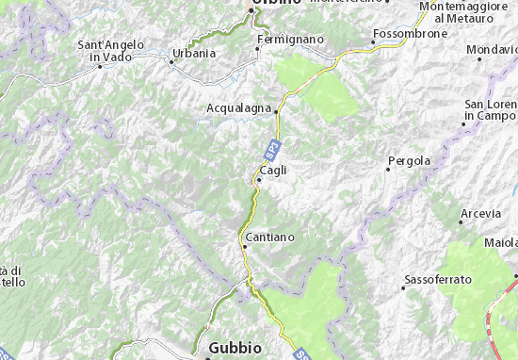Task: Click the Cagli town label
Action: click(x=273, y=170)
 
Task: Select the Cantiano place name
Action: click(x=270, y=237)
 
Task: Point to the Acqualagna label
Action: click(x=239, y=107)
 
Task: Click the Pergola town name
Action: click(x=412, y=160)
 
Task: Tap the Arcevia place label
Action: click(x=480, y=214)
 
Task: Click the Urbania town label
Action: click(x=195, y=53)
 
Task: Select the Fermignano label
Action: click(x=291, y=39)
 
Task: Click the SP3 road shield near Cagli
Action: click(x=270, y=148)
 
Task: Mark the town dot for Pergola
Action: click(x=388, y=169)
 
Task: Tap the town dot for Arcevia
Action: click(x=461, y=222)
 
